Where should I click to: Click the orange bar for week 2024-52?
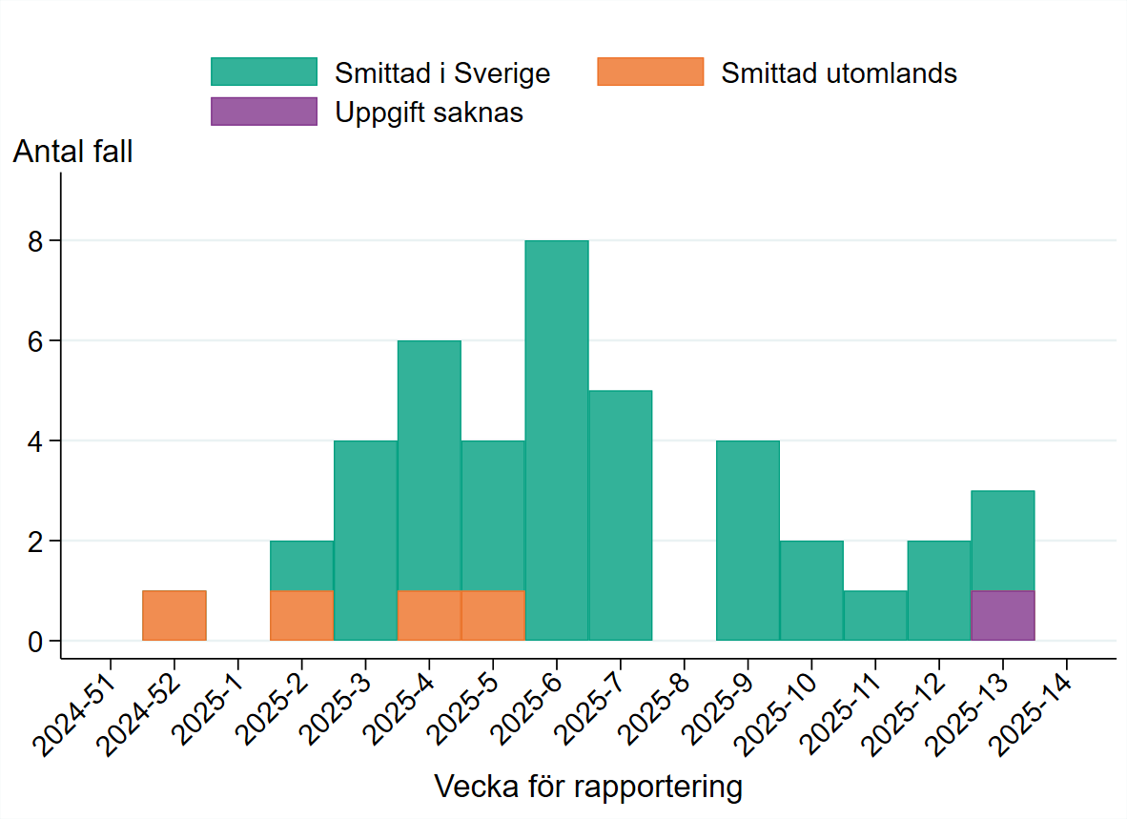(174, 616)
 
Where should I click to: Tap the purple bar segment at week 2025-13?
(1002, 616)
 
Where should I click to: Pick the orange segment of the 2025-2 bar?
(301, 616)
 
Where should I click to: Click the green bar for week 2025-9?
(748, 541)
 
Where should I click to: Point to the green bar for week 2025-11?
(875, 616)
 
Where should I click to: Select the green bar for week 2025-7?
(621, 516)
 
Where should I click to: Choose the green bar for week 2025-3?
(365, 541)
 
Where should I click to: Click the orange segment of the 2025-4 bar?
(429, 616)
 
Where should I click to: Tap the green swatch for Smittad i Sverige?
(264, 72)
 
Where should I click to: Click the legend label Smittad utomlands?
(838, 73)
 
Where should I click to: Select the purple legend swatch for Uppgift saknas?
(264, 112)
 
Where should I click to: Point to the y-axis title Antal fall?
(72, 152)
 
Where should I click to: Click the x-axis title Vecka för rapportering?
(587, 788)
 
